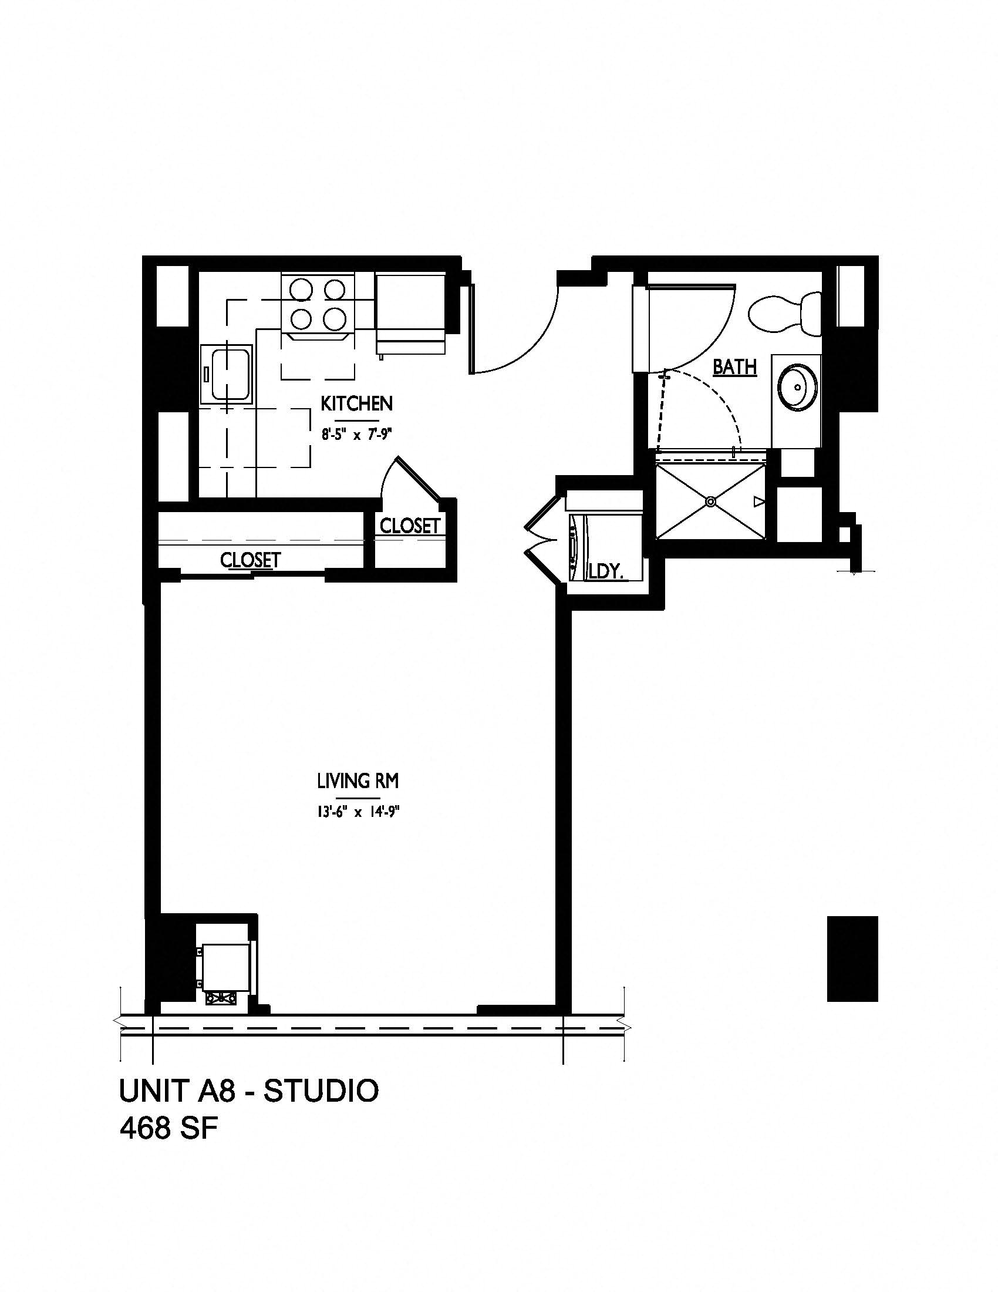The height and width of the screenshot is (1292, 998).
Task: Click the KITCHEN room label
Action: pos(356,403)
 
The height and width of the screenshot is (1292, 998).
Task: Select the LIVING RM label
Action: pos(358,782)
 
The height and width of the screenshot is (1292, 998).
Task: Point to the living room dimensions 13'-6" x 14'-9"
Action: pos(358,813)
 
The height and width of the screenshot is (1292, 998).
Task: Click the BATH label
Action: pos(734,367)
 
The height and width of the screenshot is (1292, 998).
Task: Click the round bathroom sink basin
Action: pos(798,387)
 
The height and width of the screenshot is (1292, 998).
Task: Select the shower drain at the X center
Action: pos(711,502)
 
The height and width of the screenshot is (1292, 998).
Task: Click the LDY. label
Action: pos(607,571)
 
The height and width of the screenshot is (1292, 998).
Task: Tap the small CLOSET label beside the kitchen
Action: pos(410,526)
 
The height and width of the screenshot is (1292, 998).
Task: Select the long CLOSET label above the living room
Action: pos(250,560)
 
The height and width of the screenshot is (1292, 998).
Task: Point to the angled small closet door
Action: pos(418,478)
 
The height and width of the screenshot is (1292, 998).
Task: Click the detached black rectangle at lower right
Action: pos(852,958)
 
